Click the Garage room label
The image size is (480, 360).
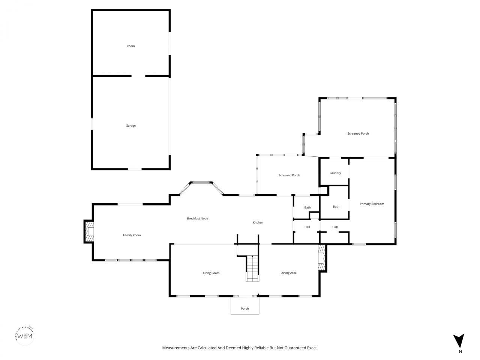130,126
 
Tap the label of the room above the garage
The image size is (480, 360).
130,46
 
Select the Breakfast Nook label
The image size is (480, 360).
197,218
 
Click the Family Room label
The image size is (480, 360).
132,235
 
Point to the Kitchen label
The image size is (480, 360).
258,222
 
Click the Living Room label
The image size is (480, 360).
211,273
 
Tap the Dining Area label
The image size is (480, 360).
288,273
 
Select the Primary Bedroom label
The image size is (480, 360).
372,204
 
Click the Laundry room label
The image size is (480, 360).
335,173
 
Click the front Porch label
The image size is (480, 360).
245,309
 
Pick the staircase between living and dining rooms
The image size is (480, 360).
252,268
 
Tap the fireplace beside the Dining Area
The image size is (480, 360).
321,258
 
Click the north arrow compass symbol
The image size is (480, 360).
458,340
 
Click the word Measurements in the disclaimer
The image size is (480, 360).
175,348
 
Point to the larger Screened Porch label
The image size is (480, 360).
358,133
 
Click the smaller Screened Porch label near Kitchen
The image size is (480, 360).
289,175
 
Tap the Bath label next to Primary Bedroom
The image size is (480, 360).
336,207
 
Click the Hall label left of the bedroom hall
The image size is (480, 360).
307,227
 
